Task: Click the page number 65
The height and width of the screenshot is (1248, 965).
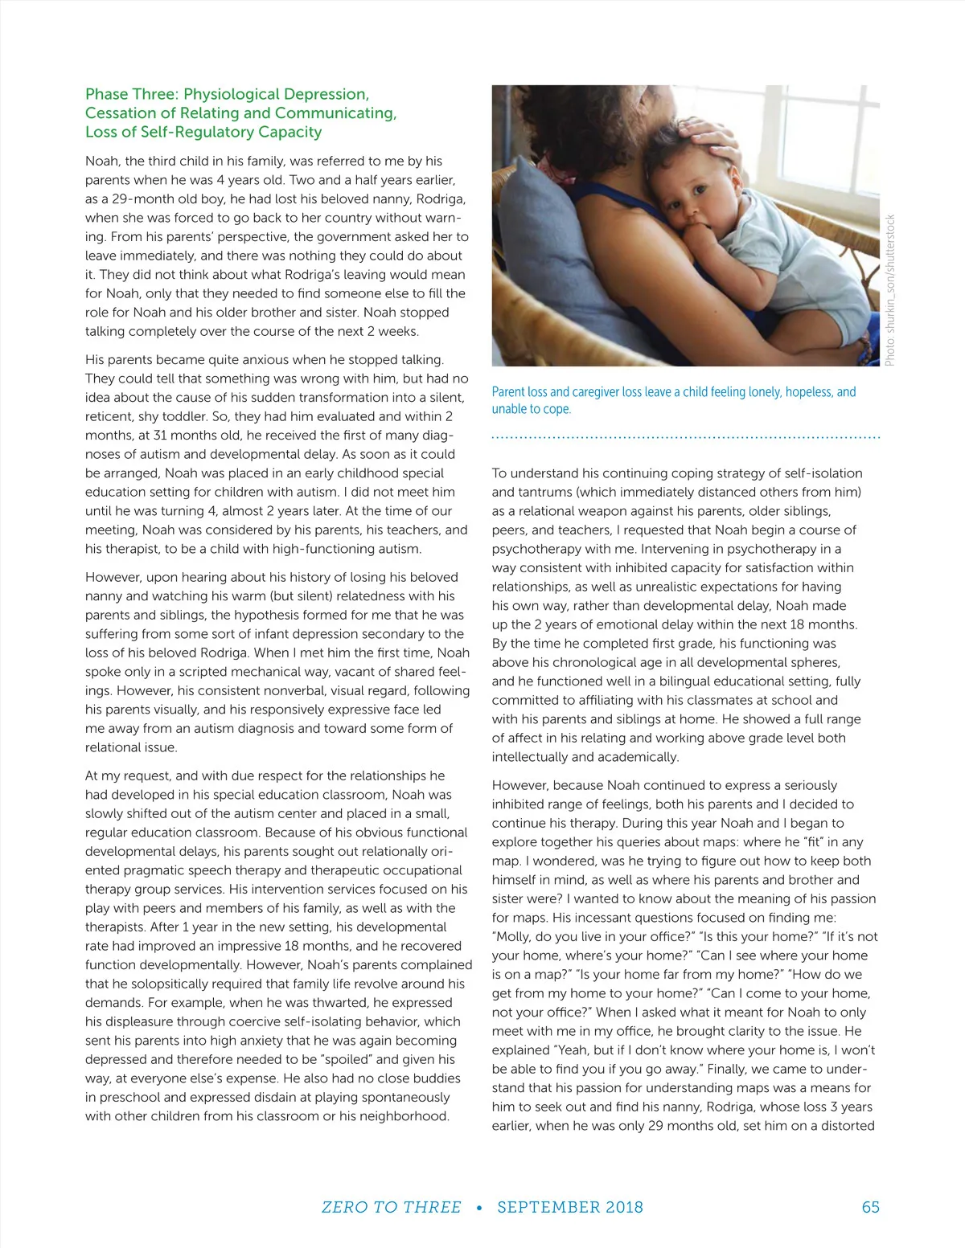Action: pos(870,1207)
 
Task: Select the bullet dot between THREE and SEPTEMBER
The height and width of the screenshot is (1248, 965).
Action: pos(479,1208)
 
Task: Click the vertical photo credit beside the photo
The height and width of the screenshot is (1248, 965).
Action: pos(889,289)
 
